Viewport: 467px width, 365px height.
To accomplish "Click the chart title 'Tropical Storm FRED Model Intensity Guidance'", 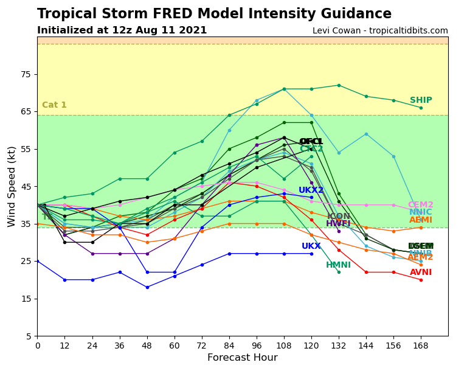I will [x=214, y=14].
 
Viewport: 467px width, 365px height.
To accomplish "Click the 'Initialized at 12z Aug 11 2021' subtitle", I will [x=122, y=30].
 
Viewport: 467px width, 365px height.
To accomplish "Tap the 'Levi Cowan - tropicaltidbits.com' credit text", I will [x=380, y=31].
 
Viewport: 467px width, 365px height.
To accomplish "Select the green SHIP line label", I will [x=421, y=100].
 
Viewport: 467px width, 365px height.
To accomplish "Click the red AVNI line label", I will [x=421, y=273].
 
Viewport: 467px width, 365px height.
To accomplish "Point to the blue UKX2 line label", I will [x=311, y=190].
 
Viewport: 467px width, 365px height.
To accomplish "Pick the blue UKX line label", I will [x=311, y=246].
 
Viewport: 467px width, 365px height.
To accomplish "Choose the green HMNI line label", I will [x=338, y=265].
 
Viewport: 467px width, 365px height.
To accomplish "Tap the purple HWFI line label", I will [x=338, y=224].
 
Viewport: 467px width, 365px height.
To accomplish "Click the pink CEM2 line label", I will [x=421, y=205].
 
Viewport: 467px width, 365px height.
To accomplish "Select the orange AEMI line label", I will [x=421, y=220].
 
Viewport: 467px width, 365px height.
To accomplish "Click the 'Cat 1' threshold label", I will [x=54, y=105].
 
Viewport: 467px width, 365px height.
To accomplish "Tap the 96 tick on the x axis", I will [x=257, y=346].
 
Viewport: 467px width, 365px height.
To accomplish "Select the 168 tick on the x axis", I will [x=421, y=346].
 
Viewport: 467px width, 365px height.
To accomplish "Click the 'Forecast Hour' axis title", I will [x=242, y=358].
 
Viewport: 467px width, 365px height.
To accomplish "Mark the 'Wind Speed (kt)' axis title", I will [x=12, y=186].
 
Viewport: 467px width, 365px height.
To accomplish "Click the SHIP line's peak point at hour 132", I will [x=339, y=85].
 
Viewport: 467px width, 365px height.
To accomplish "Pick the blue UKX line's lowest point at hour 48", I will [x=147, y=287].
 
